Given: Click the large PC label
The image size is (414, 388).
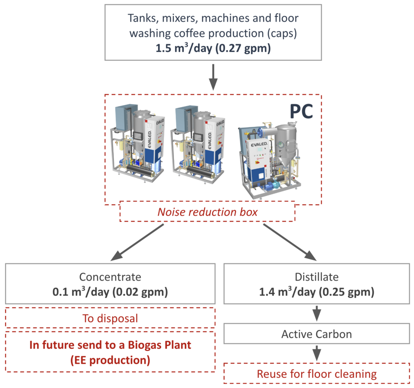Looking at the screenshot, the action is tap(301, 111).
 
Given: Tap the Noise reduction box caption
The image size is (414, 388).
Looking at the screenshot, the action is tap(207, 212).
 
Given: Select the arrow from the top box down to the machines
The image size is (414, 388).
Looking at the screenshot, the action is tap(213, 77).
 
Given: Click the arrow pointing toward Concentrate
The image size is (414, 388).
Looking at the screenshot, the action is tap(137, 242).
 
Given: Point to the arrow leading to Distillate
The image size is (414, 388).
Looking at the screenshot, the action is tap(290, 242).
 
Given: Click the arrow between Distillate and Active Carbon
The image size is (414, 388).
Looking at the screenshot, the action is tap(317, 313).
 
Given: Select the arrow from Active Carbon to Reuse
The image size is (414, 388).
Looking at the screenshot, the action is tap(317, 353).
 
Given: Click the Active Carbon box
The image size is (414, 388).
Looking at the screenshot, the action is tap(317, 334).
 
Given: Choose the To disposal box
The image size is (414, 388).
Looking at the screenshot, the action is tap(110, 318).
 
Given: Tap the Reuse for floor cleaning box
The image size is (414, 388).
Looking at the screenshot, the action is tap(317, 373).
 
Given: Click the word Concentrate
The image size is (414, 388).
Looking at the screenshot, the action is tap(110, 277).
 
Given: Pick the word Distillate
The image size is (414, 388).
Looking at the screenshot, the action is tap(317, 277).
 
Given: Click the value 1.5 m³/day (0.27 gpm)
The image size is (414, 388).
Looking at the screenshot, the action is tap(213, 48).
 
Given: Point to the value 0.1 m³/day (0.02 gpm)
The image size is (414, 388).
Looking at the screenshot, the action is tap(110, 292).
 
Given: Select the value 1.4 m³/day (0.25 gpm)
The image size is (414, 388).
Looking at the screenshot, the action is tap(317, 292).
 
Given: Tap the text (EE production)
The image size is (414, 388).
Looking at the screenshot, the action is tap(110, 360).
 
